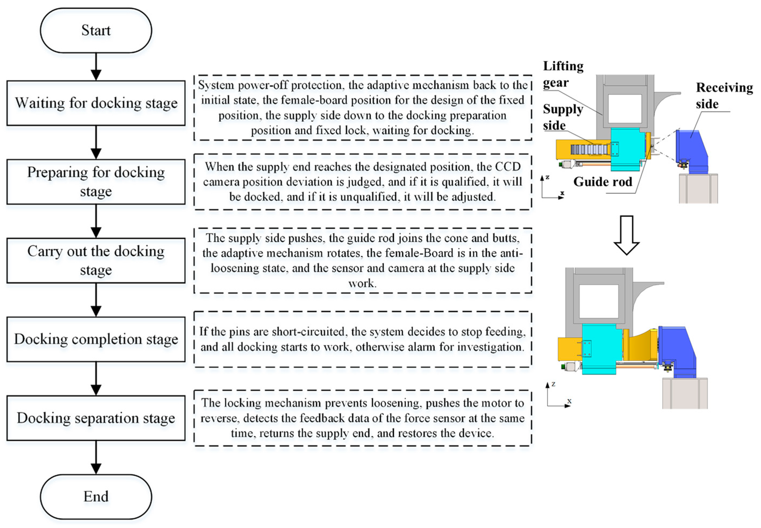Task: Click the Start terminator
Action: click(96, 30)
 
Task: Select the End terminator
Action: click(96, 496)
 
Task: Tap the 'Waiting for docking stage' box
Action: click(96, 103)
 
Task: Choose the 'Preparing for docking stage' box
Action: click(96, 182)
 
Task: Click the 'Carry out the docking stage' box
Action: click(96, 260)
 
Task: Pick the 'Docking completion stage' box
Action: click(96, 339)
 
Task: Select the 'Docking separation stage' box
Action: click(96, 418)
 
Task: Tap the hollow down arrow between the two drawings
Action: click(626, 235)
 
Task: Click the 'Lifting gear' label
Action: click(563, 74)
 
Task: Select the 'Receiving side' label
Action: click(724, 95)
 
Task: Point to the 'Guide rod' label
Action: click(603, 182)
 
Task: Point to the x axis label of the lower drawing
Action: click(569, 401)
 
